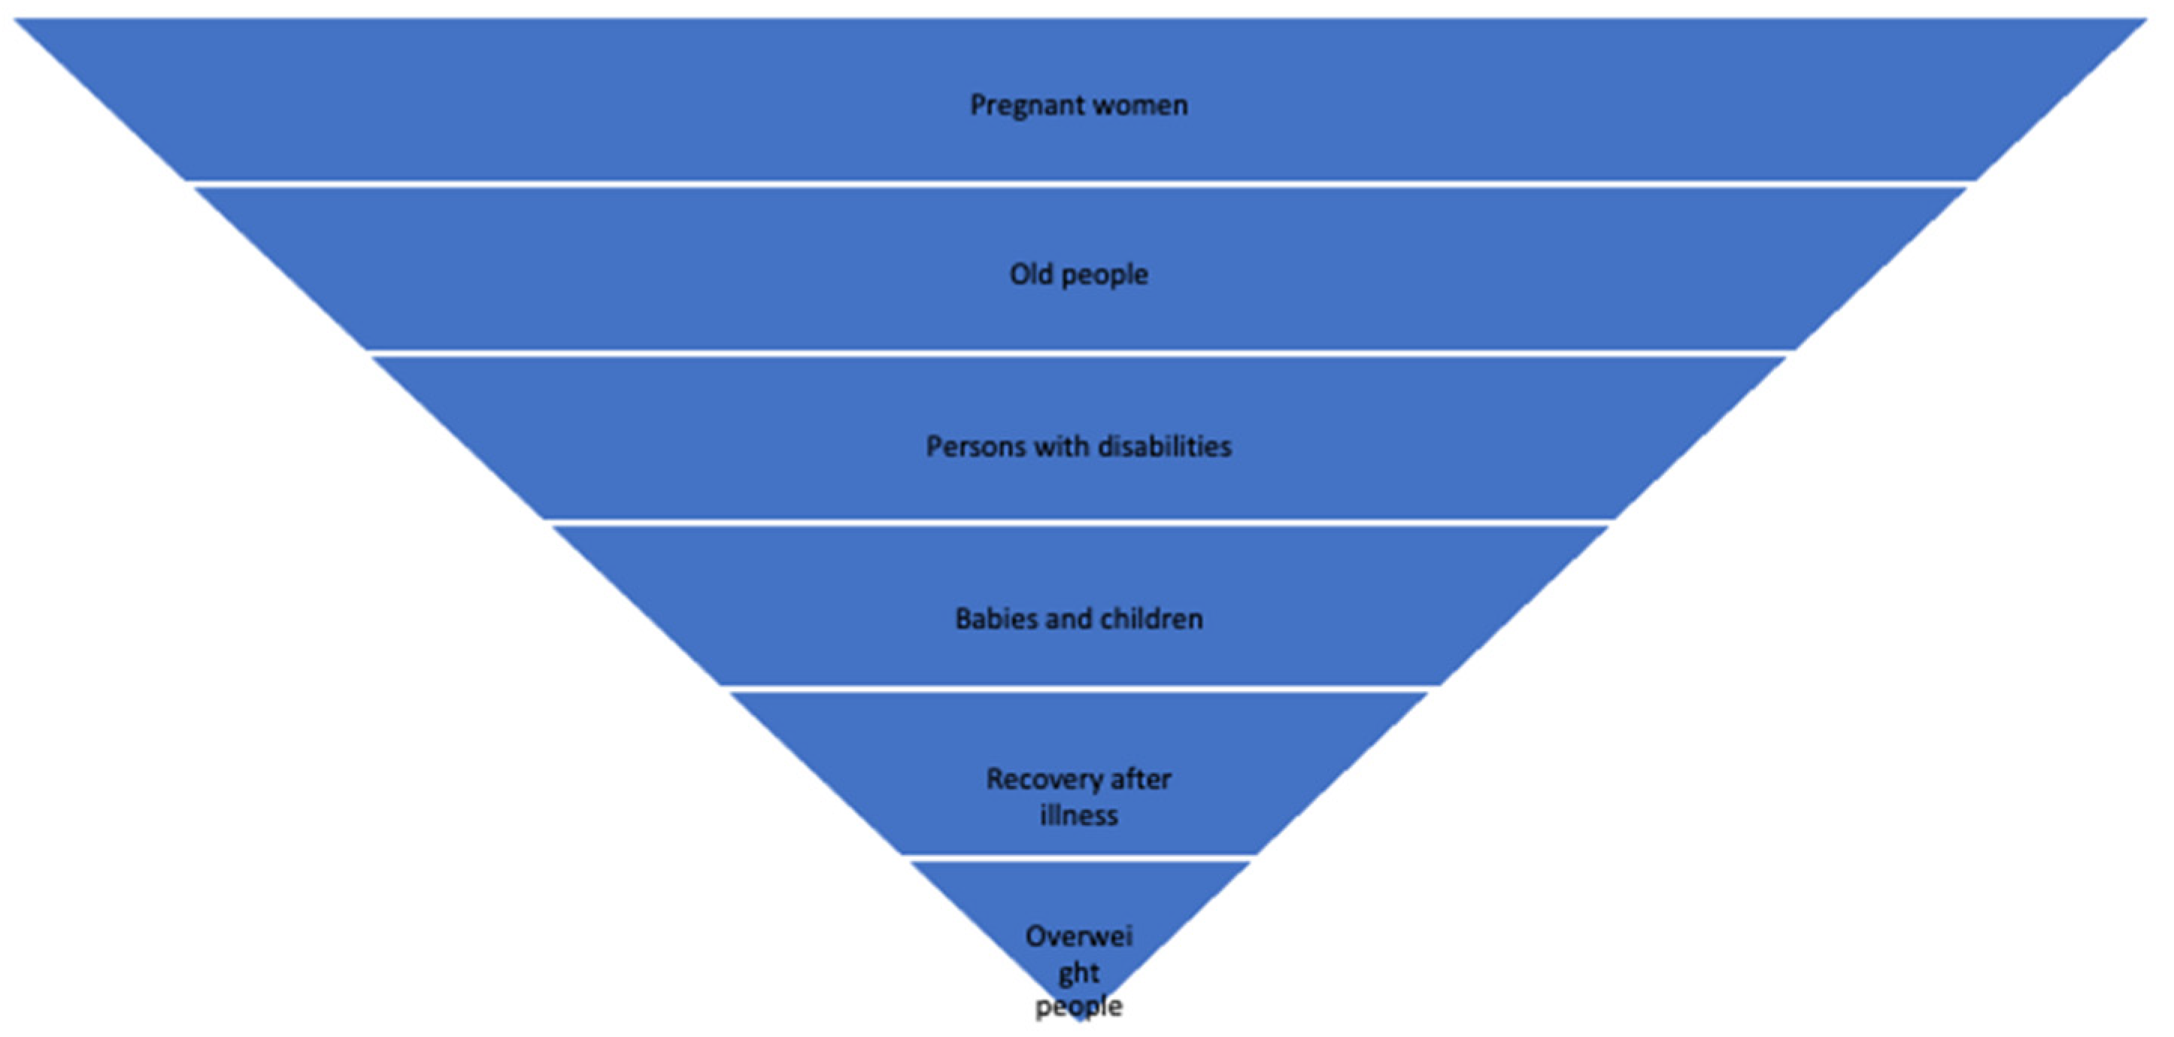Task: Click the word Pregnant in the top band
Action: point(1020,106)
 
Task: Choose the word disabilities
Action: point(1164,447)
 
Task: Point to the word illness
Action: point(1078,816)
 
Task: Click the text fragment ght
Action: point(1078,974)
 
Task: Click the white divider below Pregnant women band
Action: point(1081,183)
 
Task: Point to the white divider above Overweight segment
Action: point(1081,858)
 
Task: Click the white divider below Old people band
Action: point(1081,353)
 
